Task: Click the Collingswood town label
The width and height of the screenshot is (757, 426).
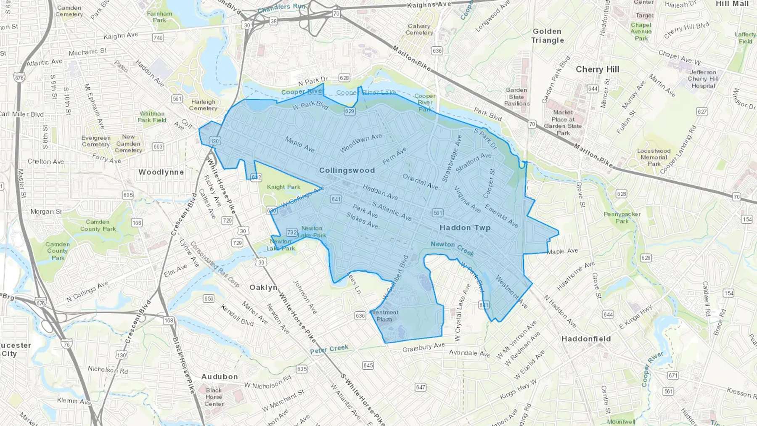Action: [x=347, y=170]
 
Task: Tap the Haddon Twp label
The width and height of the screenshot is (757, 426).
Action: [x=465, y=228]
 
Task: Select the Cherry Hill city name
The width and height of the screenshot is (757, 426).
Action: [x=597, y=69]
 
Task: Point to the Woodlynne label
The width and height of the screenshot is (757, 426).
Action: [x=161, y=172]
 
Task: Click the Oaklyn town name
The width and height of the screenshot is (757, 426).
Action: [x=263, y=287]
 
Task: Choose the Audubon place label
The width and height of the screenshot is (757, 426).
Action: [x=219, y=377]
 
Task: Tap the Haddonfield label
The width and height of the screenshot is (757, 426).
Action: [x=586, y=339]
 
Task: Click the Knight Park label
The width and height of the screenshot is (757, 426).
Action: [x=283, y=187]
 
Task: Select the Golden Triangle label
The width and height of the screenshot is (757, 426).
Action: [x=547, y=36]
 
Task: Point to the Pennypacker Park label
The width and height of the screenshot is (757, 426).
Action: [x=622, y=217]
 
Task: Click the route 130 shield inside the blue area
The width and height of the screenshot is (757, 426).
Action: [x=215, y=141]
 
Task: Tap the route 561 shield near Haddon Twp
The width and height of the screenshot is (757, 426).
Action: [x=438, y=213]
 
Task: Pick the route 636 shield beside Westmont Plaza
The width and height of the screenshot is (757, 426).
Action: [x=360, y=315]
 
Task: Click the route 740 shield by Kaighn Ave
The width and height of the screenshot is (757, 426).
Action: [x=158, y=37]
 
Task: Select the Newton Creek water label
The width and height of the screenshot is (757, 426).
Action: [x=452, y=248]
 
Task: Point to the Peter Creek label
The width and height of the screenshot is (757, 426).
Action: [x=329, y=349]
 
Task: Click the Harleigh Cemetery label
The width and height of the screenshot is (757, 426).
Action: [x=203, y=105]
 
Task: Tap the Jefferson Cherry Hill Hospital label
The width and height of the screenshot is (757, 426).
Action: [x=703, y=79]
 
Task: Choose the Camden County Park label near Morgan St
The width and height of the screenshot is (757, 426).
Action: [x=98, y=225]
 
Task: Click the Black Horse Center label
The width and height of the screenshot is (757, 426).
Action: [x=214, y=397]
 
